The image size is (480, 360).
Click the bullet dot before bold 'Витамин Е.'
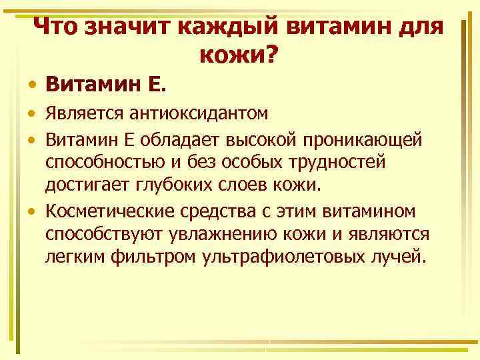coord(32,87)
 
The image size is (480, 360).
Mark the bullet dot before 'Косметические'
coord(32,213)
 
